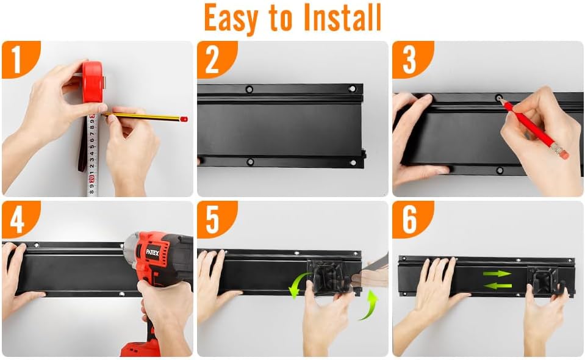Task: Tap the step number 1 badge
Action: coord(16,59)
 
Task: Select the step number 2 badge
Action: coord(212,59)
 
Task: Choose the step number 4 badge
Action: coord(16,220)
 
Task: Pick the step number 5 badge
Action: coord(212,220)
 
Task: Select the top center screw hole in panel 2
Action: coord(249,90)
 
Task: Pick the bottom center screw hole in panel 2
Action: coord(249,162)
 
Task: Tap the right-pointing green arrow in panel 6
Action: coord(497,273)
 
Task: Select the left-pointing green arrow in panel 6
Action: coord(497,285)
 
